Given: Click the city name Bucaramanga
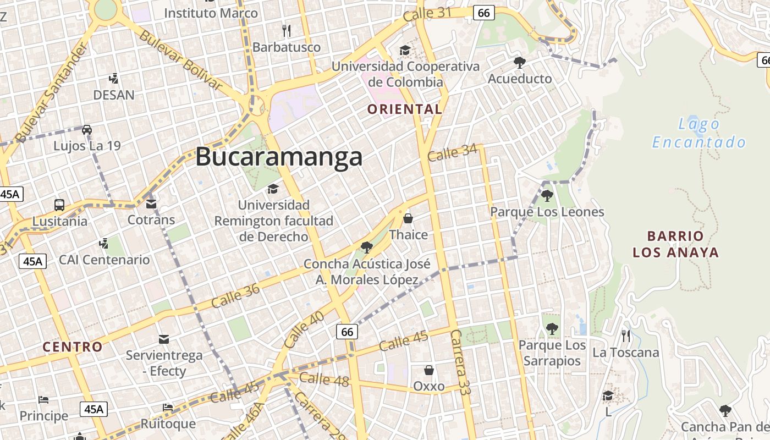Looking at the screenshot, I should coord(279,157).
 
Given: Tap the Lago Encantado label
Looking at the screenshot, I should coord(699,133).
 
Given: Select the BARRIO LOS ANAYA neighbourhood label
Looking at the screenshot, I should coord(675,244).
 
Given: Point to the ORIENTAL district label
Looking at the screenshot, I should coord(405,109).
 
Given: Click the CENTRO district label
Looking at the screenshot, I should coord(73,347).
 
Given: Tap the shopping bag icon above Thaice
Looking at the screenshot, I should coord(408,218).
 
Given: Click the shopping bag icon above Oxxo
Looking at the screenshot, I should coord(429,370).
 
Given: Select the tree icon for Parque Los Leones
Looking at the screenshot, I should coord(547,195).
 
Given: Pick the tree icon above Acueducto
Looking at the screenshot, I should coord(520,62).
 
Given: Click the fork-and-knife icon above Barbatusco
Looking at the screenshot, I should coord(286,30).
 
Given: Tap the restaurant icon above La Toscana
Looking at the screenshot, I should coord(626,335).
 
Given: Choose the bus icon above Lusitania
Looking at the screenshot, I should coord(59,205).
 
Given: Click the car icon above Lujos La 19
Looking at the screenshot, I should coord(87,130).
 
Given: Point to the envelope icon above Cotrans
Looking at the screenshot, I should coord(151,204).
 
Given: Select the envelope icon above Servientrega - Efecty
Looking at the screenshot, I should coord(164,339).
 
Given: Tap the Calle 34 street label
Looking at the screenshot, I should coord(452,152).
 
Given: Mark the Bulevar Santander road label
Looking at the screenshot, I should coord(51,93).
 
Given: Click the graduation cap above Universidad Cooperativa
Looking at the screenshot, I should coord(405,51).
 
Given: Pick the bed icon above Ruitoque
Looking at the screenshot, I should coord(168,408).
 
